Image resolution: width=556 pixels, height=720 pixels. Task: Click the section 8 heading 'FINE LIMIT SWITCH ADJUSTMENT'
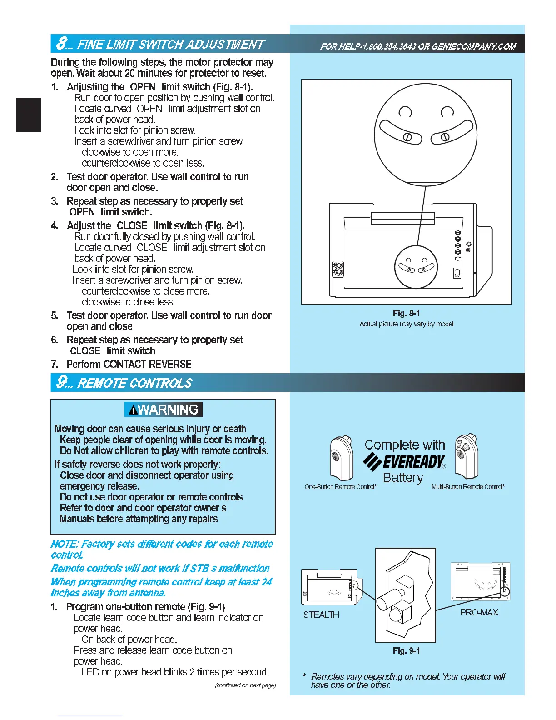[170, 44]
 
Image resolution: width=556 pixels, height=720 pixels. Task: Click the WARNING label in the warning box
[164, 410]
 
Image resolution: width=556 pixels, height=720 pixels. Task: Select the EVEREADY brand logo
[404, 462]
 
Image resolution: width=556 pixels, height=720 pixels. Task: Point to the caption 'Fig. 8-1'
[406, 313]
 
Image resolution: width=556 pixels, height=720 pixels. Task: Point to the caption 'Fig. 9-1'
[406, 650]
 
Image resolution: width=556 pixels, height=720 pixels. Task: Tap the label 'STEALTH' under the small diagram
[321, 615]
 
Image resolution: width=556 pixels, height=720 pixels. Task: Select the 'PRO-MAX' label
[479, 612]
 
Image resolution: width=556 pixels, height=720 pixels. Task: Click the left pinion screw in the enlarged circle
[407, 137]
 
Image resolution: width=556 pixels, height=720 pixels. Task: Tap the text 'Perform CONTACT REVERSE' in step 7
[129, 364]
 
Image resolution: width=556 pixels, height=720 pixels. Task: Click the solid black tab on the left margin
[29, 115]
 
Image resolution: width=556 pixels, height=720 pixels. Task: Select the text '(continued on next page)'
[245, 685]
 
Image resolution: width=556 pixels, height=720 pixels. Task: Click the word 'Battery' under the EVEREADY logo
[403, 478]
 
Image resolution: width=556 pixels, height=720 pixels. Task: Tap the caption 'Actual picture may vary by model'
[406, 324]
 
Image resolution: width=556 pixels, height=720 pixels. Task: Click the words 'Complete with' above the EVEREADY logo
[405, 445]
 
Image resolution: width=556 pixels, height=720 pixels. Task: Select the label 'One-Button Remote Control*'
[340, 487]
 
